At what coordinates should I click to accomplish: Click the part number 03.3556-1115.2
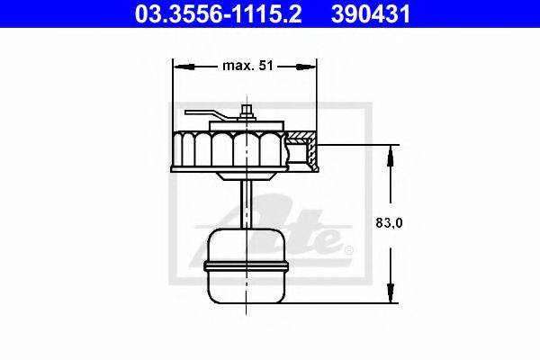pyautogui.click(x=218, y=13)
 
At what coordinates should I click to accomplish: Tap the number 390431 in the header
pyautogui.click(x=371, y=13)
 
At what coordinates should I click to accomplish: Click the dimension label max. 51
pyautogui.click(x=247, y=66)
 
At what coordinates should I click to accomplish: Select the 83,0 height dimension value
pyautogui.click(x=389, y=223)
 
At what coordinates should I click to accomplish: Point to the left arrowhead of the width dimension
pyautogui.click(x=184, y=67)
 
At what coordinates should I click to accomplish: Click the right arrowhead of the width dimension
pyautogui.click(x=306, y=67)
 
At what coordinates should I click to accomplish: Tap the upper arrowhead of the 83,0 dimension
pyautogui.click(x=391, y=156)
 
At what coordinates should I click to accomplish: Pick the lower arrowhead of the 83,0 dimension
pyautogui.click(x=391, y=292)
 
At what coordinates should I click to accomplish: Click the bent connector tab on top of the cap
pyautogui.click(x=207, y=114)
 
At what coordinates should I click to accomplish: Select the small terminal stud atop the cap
pyautogui.click(x=247, y=112)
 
